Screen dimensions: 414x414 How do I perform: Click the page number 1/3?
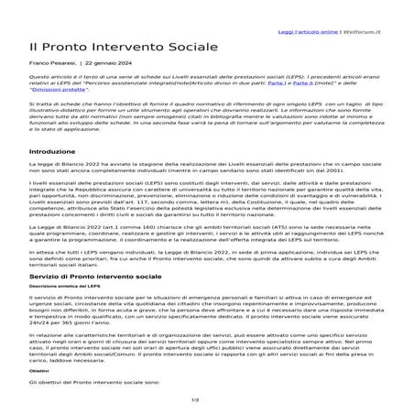tap(206, 400)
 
